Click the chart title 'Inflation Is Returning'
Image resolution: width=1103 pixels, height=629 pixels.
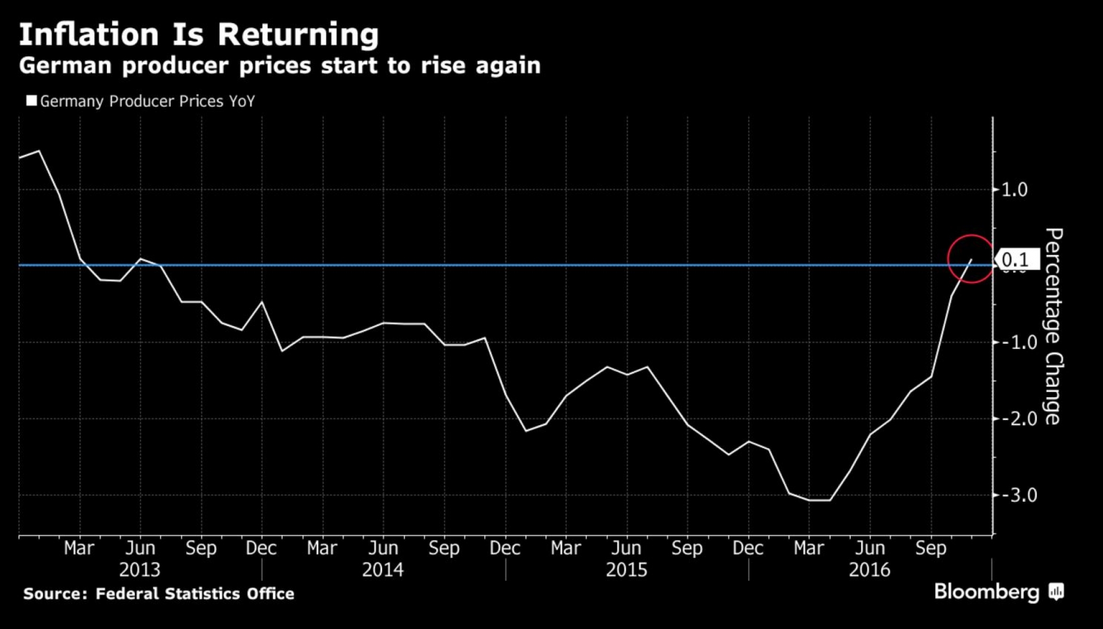199,34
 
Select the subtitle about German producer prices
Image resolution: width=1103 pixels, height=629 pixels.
280,65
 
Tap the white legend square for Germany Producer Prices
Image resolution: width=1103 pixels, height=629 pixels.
32,101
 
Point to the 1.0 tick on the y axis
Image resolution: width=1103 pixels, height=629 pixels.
1014,189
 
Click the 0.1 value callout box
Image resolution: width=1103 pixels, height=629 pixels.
1017,260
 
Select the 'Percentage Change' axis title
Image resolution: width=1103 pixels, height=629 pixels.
1054,326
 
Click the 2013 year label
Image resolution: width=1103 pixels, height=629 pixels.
140,570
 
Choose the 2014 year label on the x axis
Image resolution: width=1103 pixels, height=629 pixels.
383,570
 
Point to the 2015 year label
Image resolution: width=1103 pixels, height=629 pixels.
626,570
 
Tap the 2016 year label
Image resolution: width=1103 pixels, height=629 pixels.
869,570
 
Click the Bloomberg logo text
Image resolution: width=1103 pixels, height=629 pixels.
986,592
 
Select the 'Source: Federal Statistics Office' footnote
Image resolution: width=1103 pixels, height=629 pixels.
159,593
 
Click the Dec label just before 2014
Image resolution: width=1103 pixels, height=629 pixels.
261,548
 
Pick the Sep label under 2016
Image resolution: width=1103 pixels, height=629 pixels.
931,548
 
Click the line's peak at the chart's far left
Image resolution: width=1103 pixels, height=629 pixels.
38,151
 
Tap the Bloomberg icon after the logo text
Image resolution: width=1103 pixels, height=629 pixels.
1056,592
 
